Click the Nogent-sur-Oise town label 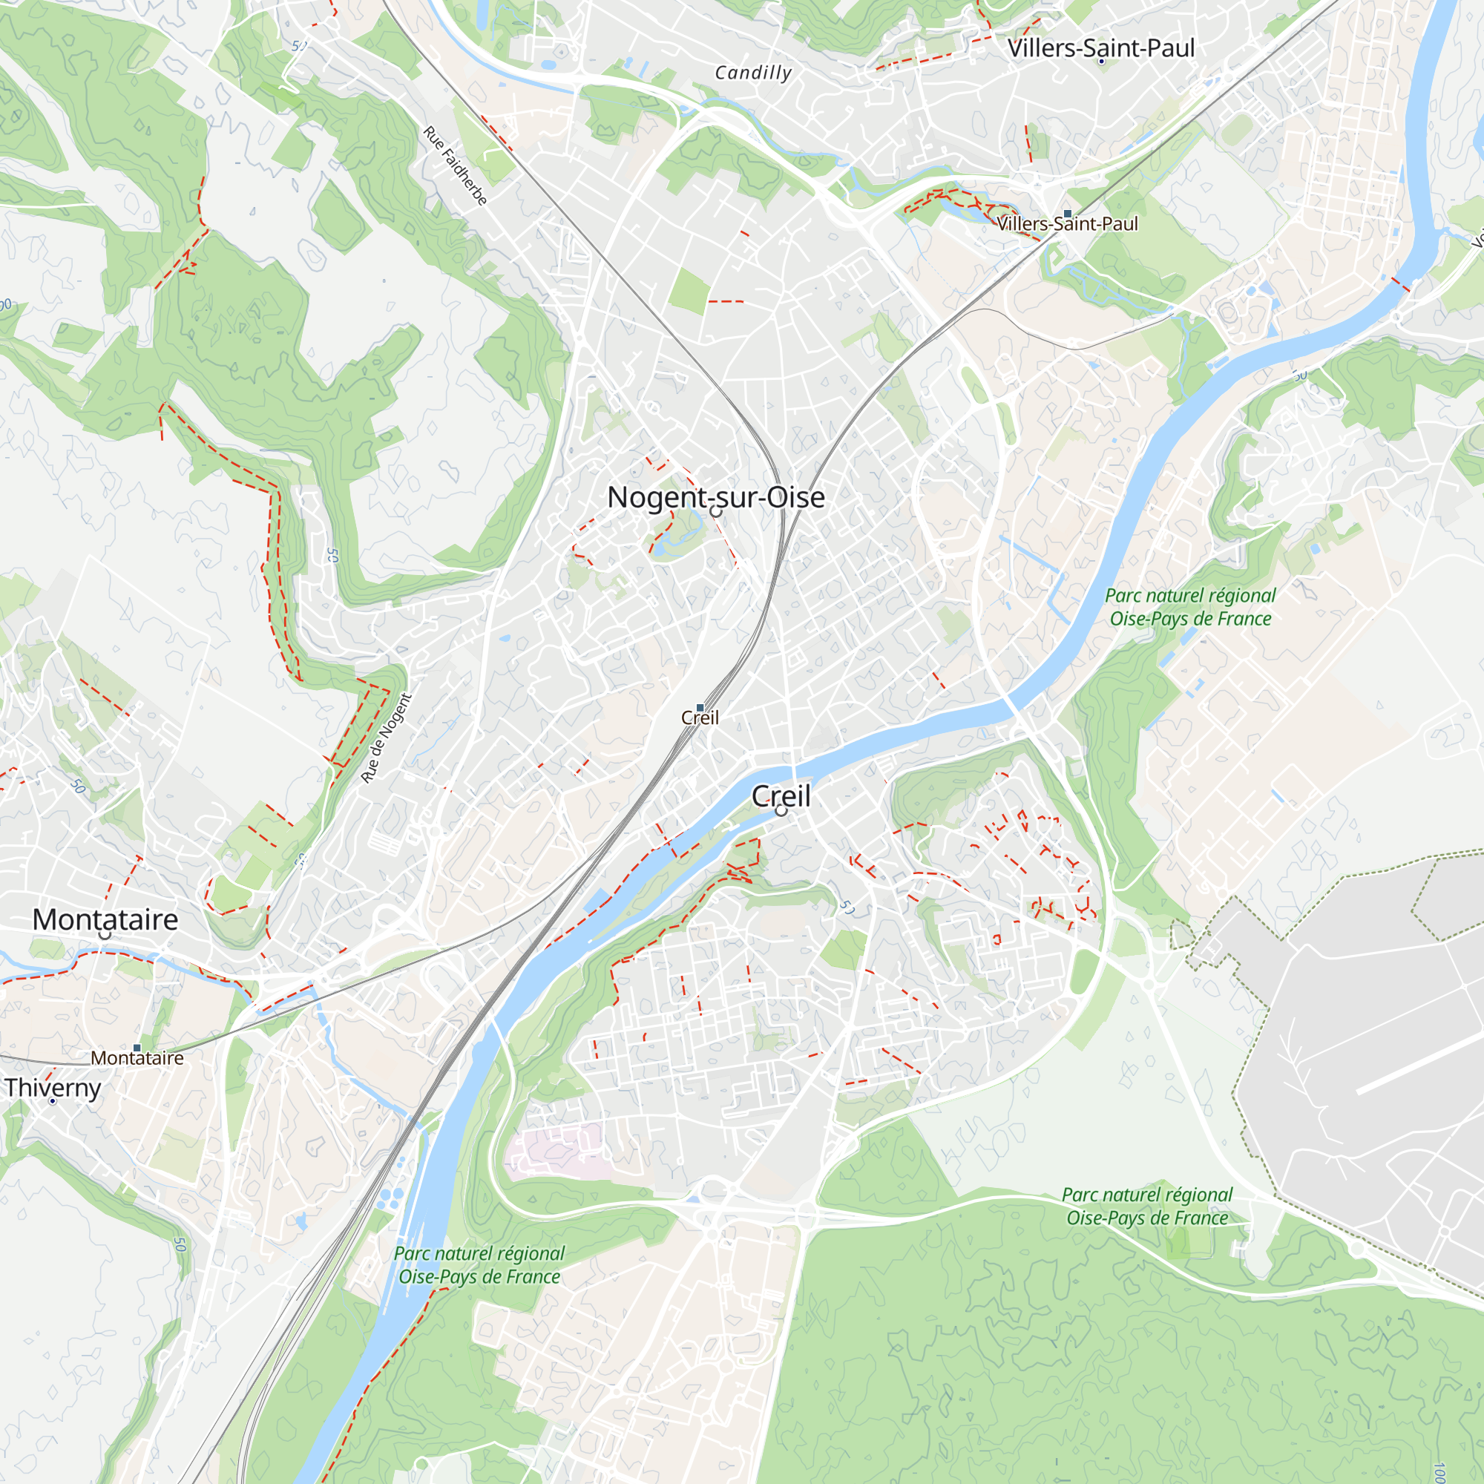click(716, 497)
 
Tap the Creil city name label click(781, 795)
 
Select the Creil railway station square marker click(700, 707)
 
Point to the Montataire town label click(105, 919)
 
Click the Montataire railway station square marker click(137, 1048)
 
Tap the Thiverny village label click(53, 1088)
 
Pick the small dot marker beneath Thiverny click(52, 1101)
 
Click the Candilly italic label click(752, 73)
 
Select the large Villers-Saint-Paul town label click(1100, 47)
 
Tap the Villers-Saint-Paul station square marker click(1068, 214)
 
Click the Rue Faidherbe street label click(456, 166)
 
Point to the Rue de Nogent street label click(387, 738)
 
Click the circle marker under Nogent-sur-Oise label click(715, 511)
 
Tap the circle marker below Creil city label click(781, 810)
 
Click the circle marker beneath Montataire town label click(105, 935)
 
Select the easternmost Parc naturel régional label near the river click(1190, 607)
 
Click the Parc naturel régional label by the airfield click(1147, 1206)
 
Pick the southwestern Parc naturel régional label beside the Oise click(479, 1265)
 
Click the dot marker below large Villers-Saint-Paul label click(1100, 62)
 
